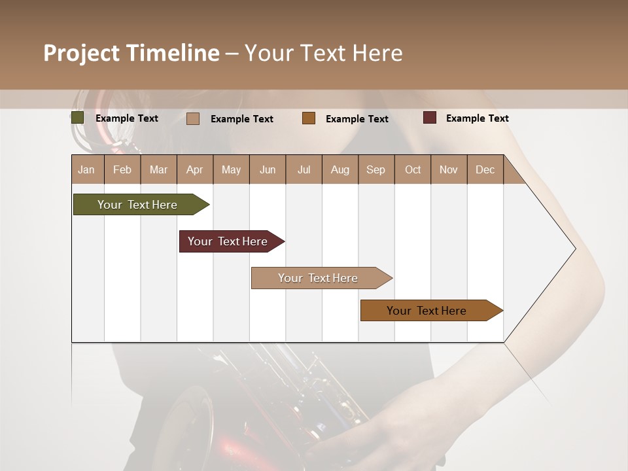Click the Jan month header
[x=86, y=169]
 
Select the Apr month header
[x=194, y=169]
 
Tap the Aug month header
[x=340, y=169]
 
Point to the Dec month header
[x=485, y=169]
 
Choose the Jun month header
[x=267, y=169]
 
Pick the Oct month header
[x=412, y=169]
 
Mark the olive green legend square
[x=78, y=118]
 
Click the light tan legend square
[x=193, y=118]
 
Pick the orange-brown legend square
[x=309, y=118]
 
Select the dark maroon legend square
[x=430, y=118]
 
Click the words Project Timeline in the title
[x=131, y=53]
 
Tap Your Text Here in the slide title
[x=323, y=53]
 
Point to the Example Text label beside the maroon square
[x=477, y=118]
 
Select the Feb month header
[x=122, y=169]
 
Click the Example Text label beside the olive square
[x=126, y=118]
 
